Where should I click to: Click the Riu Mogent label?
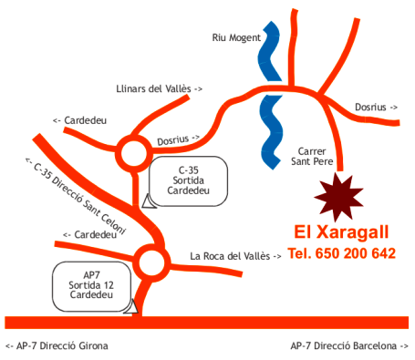(x=236, y=38)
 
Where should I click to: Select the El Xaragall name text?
(x=341, y=231)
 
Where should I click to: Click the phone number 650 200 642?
(x=341, y=252)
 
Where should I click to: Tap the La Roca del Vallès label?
(x=235, y=256)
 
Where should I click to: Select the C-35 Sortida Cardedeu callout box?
(x=189, y=180)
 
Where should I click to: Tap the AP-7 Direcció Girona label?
(x=57, y=346)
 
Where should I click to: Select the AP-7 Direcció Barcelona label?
(x=349, y=346)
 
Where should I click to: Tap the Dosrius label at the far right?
(x=376, y=107)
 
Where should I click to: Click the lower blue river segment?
(x=269, y=132)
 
